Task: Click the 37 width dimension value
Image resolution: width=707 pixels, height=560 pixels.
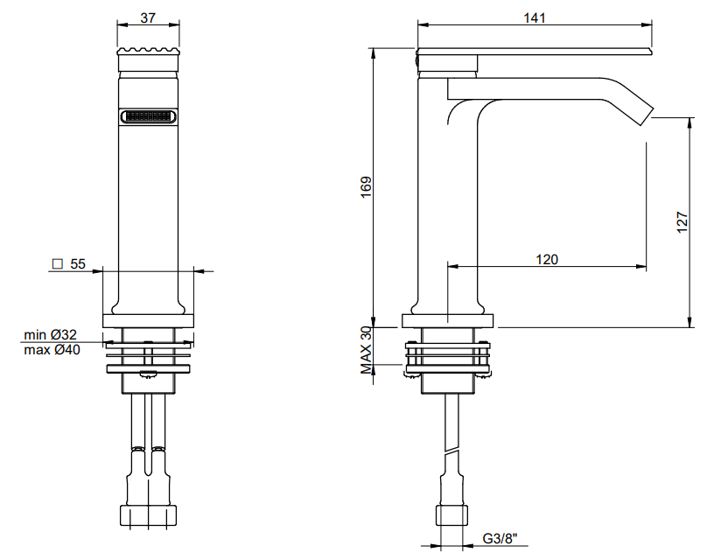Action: click(x=148, y=18)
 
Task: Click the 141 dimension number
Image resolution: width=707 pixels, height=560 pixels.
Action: click(x=535, y=18)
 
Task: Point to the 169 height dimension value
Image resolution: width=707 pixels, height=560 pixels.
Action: click(x=366, y=186)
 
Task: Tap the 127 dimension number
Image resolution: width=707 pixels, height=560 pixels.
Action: click(x=682, y=222)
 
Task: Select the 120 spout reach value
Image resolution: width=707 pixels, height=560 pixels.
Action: click(x=547, y=259)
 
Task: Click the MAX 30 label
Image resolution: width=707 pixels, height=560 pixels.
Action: click(x=366, y=350)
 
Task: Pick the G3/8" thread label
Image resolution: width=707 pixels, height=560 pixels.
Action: click(x=500, y=538)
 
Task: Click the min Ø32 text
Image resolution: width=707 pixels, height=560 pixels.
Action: click(x=50, y=334)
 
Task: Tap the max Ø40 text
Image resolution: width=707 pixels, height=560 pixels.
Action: click(x=52, y=349)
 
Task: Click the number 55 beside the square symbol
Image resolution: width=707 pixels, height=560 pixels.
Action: click(x=78, y=263)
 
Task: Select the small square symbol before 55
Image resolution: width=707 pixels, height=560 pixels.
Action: click(x=57, y=263)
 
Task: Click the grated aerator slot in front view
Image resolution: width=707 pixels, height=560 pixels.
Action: click(x=149, y=116)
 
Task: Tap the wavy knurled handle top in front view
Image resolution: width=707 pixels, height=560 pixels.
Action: click(x=149, y=51)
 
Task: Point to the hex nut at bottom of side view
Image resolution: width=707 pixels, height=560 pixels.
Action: click(x=451, y=515)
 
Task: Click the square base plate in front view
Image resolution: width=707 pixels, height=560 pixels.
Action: click(x=149, y=320)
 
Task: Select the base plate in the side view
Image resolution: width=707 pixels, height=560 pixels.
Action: click(x=448, y=320)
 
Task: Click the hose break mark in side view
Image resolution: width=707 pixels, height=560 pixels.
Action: click(x=451, y=451)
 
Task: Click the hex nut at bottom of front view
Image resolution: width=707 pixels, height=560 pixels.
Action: click(x=149, y=515)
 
